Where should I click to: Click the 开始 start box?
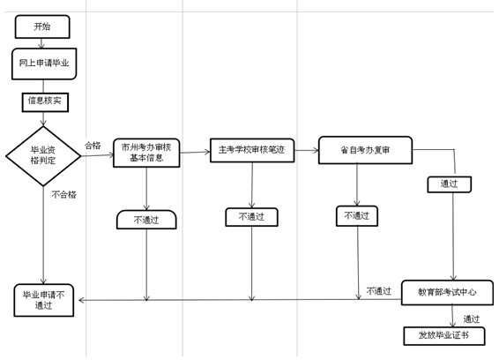42,26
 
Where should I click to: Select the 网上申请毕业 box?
44,64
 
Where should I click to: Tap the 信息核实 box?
45,102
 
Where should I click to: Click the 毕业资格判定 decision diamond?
43,156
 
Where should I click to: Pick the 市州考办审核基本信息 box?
146,153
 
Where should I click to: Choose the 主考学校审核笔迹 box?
252,150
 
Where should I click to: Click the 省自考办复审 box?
365,150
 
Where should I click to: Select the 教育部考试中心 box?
447,292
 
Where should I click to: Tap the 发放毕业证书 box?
444,336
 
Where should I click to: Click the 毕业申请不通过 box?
44,300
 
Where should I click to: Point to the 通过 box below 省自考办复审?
449,184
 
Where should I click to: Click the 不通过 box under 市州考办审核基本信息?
146,220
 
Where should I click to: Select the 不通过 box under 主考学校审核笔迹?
252,217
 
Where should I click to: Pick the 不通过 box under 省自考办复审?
357,216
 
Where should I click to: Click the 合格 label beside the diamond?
93,146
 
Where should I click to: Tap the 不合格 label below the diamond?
64,194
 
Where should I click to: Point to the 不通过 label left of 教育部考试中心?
379,291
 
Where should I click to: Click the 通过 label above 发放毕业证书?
472,319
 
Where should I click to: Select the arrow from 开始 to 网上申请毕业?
41,43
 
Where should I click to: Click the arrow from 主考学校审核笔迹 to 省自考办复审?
307,150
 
